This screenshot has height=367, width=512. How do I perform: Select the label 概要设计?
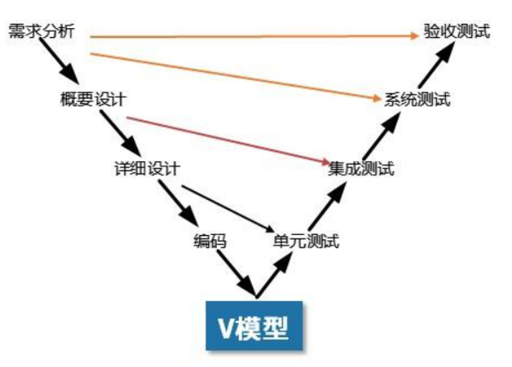pos(92,99)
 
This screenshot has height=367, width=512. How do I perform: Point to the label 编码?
pos(210,241)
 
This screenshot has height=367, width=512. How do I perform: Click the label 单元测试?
pos(306,241)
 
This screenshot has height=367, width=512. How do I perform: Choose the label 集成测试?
pos(360,170)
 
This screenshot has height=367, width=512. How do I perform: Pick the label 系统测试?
pos(417,99)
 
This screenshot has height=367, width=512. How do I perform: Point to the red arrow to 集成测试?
pos(228,139)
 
